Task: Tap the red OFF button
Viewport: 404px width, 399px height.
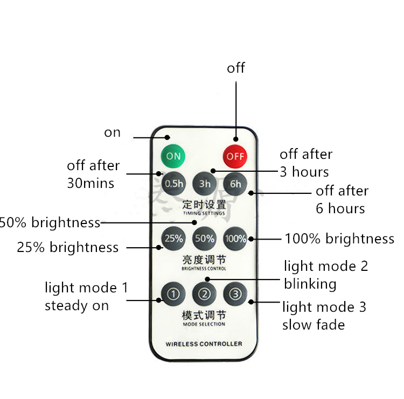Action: coord(235,156)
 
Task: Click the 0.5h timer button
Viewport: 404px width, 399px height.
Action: coord(174,183)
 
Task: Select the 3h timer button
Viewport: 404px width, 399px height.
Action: coord(205,183)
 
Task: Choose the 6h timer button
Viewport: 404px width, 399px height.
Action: coord(235,183)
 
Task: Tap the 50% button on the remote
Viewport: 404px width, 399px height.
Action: coord(205,238)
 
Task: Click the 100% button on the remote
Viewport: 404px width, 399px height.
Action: coord(235,238)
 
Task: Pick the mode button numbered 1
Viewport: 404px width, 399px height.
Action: coord(173,294)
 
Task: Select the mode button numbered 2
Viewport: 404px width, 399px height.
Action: coord(205,294)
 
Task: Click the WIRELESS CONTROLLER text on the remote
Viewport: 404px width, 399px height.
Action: coord(204,344)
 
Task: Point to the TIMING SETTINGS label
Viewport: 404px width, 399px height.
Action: coord(204,213)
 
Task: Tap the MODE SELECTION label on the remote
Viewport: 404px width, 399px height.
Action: coord(204,324)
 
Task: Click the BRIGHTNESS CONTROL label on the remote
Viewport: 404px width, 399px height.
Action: coord(204,268)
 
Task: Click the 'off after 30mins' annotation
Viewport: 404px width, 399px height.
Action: coord(93,174)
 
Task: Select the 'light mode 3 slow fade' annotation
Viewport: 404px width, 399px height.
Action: coord(324,316)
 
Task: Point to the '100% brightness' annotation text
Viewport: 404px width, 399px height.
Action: coord(339,239)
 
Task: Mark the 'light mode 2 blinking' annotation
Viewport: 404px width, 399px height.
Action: coord(325,275)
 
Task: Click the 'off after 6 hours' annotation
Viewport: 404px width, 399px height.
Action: coord(342,199)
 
